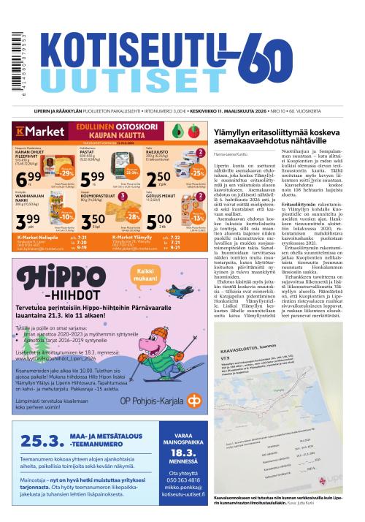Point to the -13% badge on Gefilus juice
point(196,217)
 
